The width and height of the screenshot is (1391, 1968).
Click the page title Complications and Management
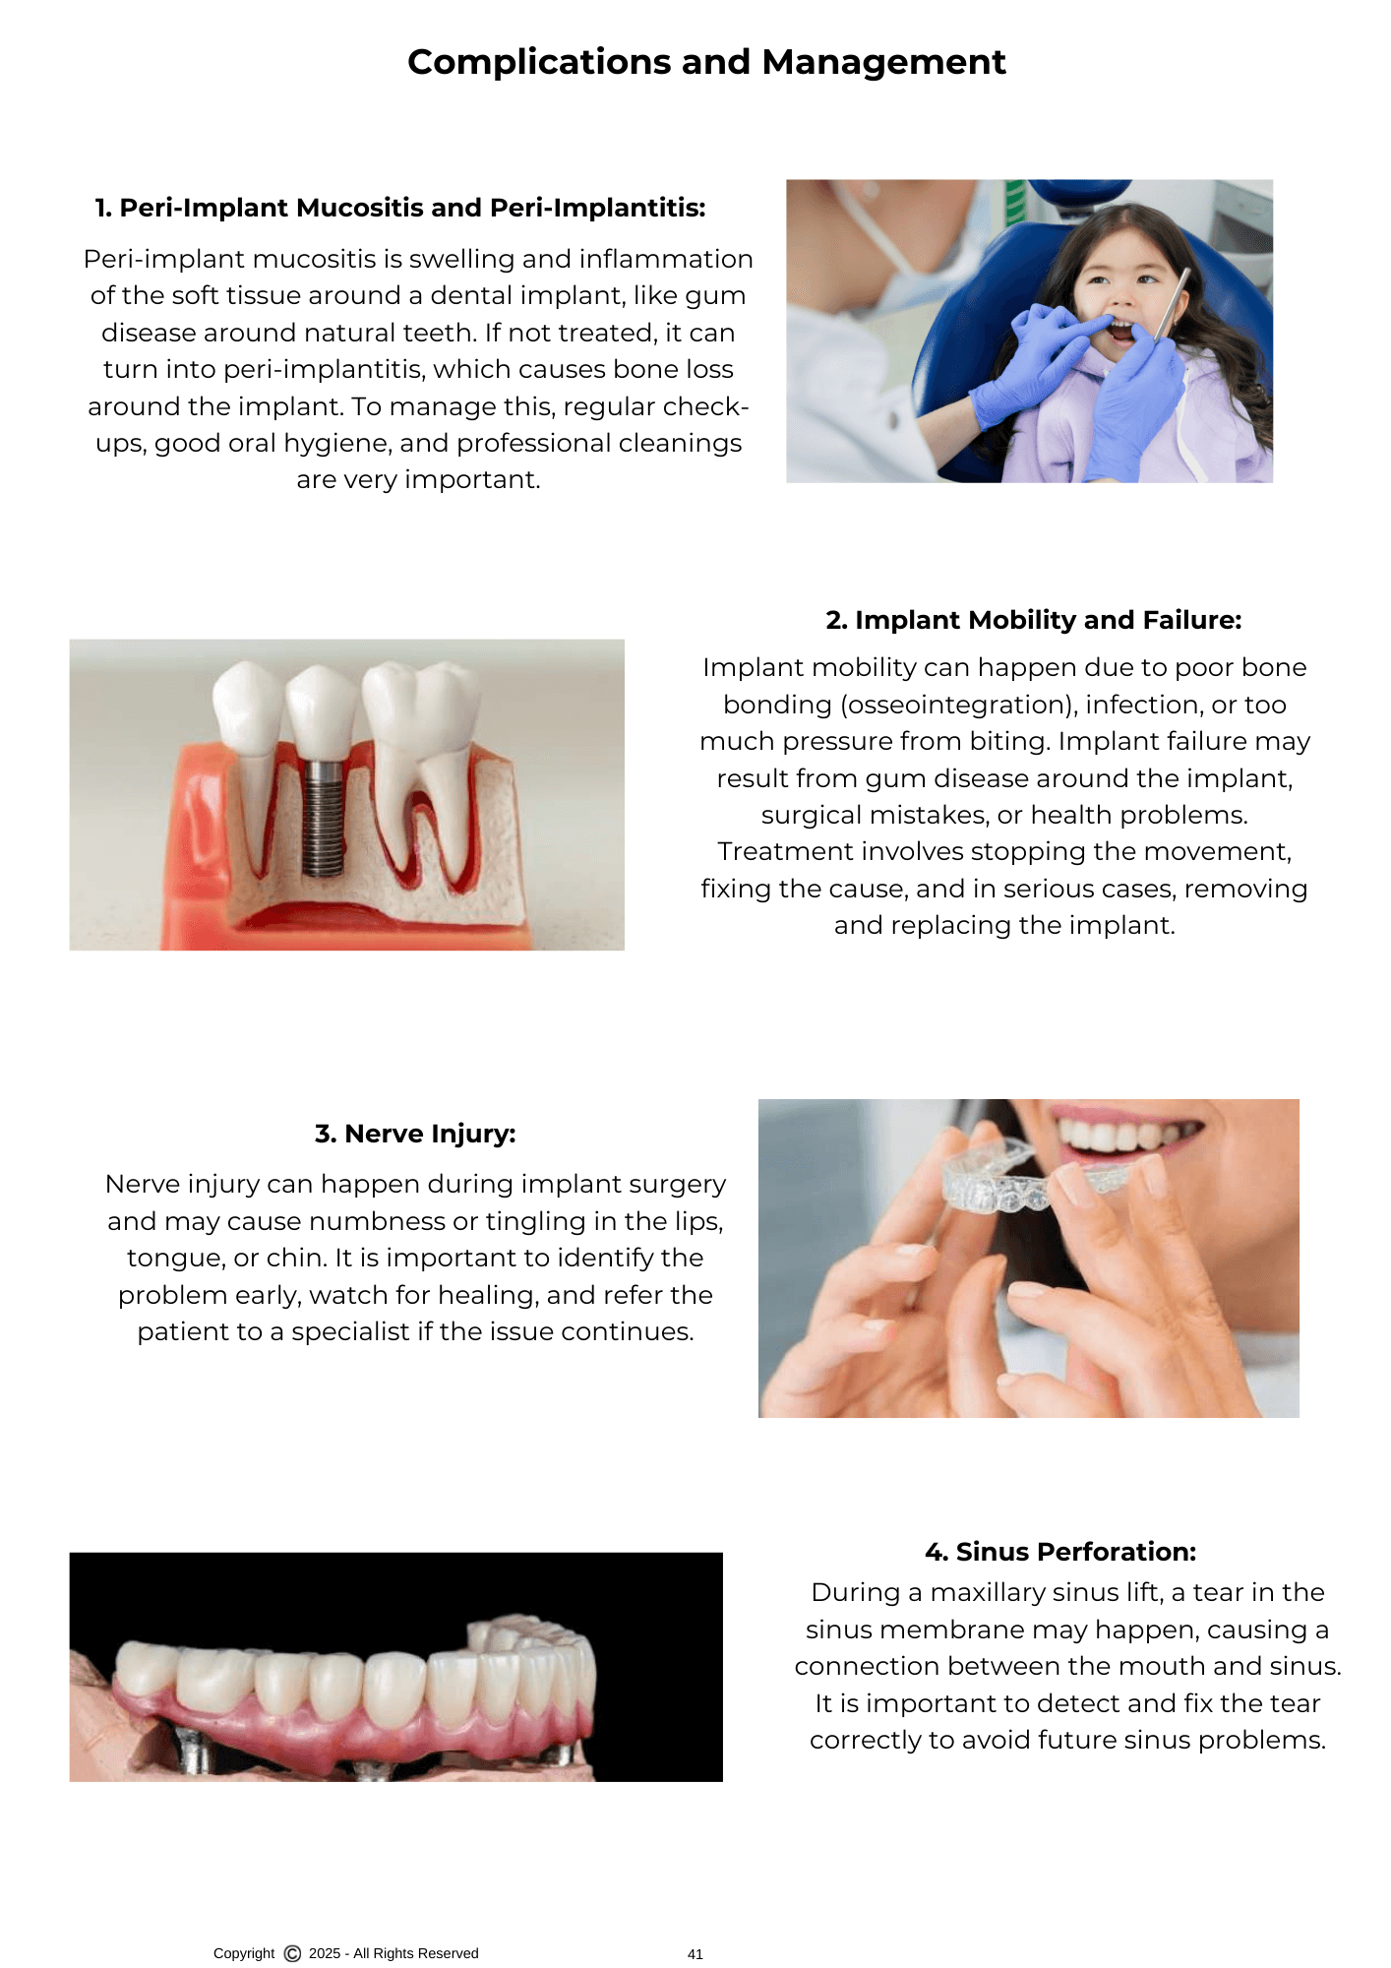706,62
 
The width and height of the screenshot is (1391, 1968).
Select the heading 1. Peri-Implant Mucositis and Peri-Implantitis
400,208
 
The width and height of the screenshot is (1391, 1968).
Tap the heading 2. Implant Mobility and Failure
1034,620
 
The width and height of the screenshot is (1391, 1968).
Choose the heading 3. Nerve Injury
415,1134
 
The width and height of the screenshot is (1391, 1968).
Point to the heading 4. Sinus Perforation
1060,1552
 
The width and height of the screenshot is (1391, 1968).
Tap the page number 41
695,1954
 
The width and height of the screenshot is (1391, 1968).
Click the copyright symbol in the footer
292,1953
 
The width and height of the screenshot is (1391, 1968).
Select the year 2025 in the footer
325,1953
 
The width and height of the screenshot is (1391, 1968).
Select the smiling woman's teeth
1125,1136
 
